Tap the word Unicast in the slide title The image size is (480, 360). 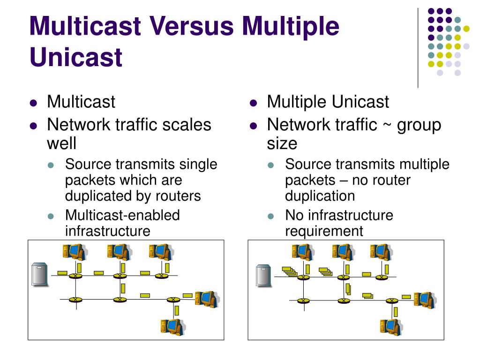click(75, 57)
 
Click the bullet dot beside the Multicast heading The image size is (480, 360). click(33, 103)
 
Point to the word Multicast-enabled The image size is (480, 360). click(122, 215)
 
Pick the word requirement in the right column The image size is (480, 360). click(324, 231)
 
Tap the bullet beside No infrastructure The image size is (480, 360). click(270, 217)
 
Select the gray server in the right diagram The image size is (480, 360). click(263, 275)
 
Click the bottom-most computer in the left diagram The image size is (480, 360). click(172, 326)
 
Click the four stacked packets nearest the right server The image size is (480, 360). click(289, 271)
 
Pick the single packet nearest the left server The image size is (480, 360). click(62, 273)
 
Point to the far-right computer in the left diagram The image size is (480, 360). click(206, 299)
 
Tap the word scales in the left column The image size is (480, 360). click(187, 125)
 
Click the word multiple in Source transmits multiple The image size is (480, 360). click(424, 165)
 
